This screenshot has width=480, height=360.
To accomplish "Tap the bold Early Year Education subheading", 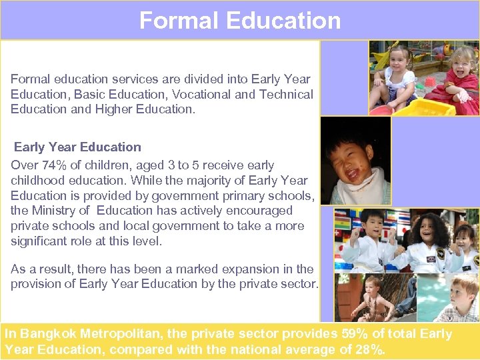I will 77,147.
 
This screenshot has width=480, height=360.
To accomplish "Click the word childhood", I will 36,181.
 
